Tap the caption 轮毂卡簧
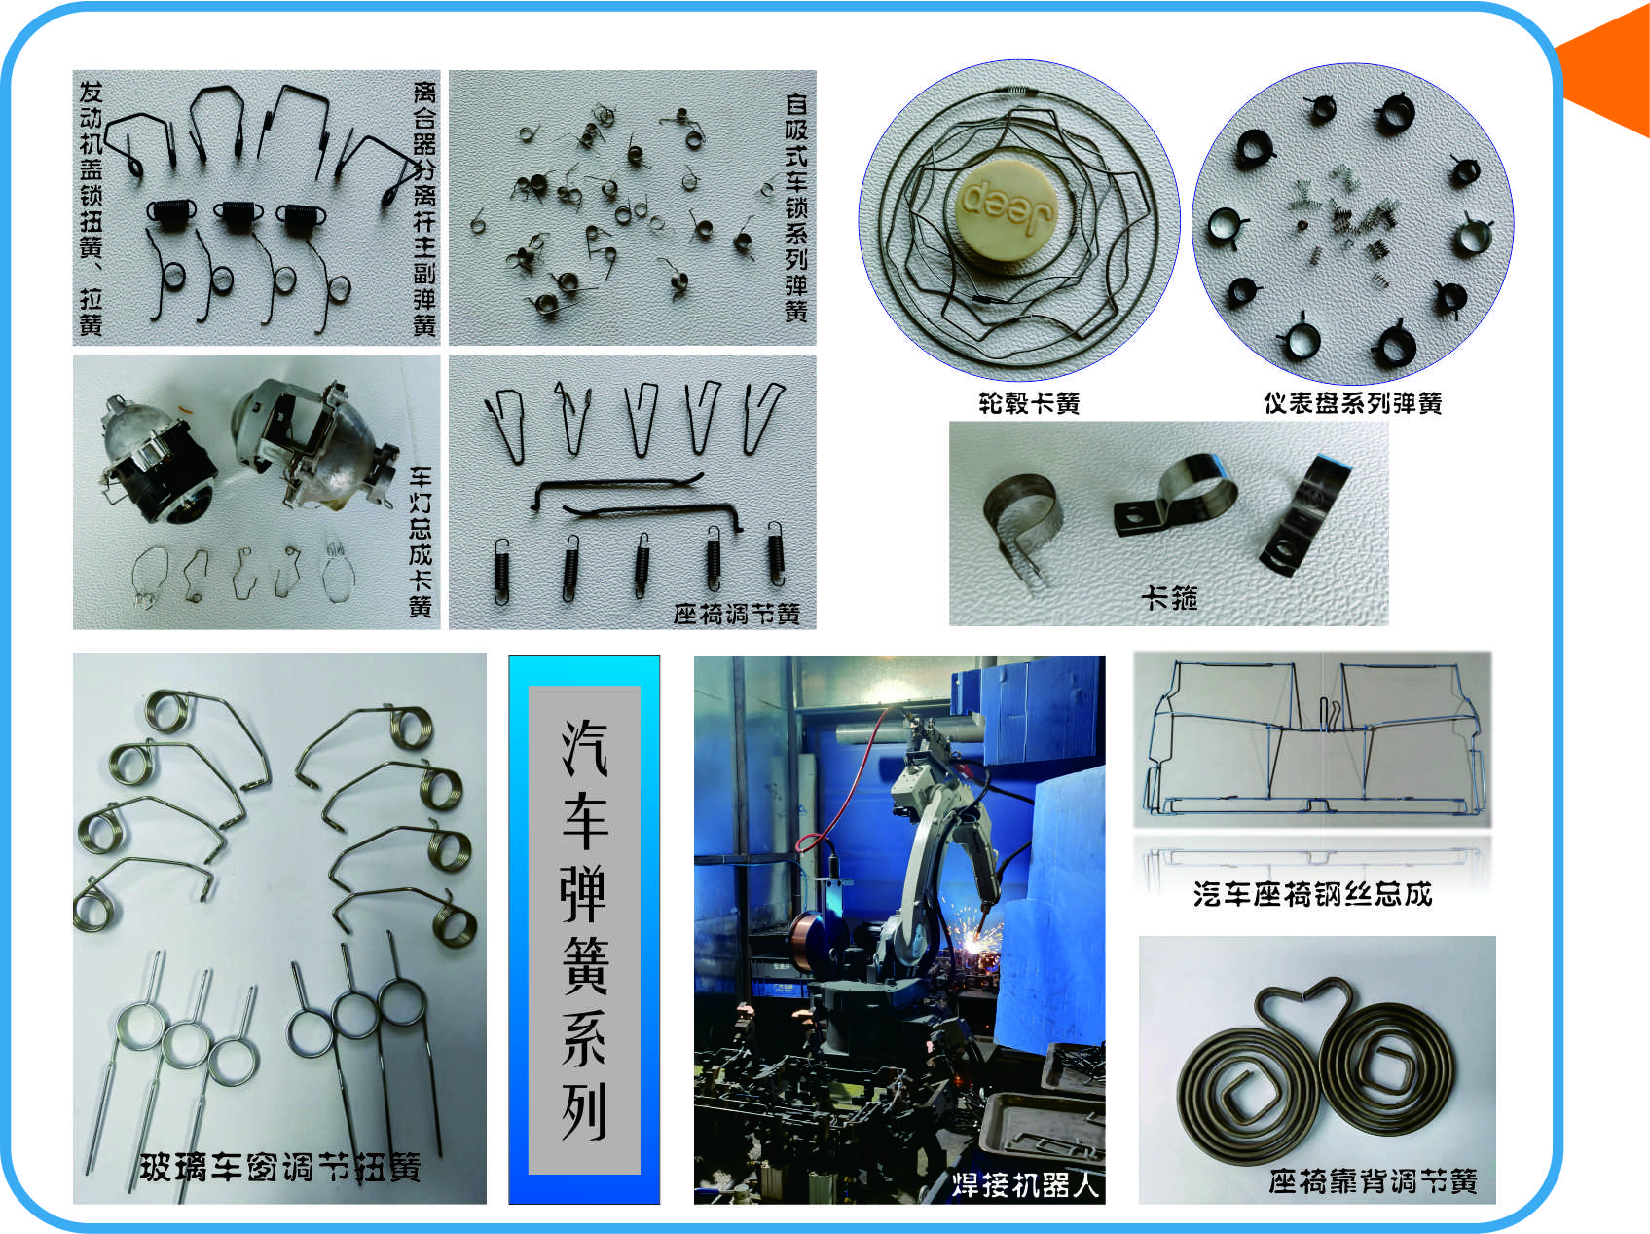1029,403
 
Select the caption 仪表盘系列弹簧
1352,403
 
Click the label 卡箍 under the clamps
1169,597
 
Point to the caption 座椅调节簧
736,614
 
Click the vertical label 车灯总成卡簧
421,542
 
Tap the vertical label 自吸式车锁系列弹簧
796,207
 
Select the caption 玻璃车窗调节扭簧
279,1167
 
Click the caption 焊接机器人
1025,1184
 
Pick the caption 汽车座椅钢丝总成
1312,894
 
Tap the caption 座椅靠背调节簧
1373,1181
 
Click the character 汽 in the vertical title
584,748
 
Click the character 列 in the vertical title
584,1110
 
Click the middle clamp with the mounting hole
1175,496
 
